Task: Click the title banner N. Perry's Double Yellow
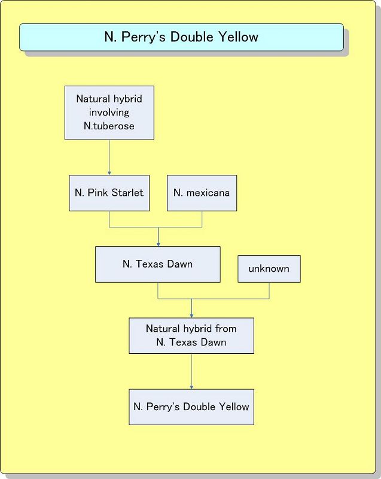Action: pyautogui.click(x=181, y=37)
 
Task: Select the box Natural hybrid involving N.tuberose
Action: pyautogui.click(x=109, y=113)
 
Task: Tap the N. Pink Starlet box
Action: pyautogui.click(x=109, y=193)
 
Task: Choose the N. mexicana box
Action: pyautogui.click(x=202, y=193)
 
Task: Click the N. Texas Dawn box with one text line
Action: pyautogui.click(x=157, y=264)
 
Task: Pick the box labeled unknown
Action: pyautogui.click(x=269, y=269)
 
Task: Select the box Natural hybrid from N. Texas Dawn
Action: pyautogui.click(x=191, y=335)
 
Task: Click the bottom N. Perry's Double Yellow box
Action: pyautogui.click(x=191, y=407)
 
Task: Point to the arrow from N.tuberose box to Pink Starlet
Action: pyautogui.click(x=109, y=157)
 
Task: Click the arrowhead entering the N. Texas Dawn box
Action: pyautogui.click(x=158, y=244)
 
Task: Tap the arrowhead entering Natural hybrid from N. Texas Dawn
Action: pyautogui.click(x=191, y=315)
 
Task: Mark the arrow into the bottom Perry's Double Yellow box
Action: pyautogui.click(x=191, y=371)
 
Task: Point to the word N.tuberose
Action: pyautogui.click(x=109, y=126)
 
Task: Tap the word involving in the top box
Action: pyautogui.click(x=109, y=113)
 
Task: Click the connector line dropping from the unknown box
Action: pyautogui.click(x=269, y=290)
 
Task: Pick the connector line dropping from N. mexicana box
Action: pyautogui.click(x=202, y=219)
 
